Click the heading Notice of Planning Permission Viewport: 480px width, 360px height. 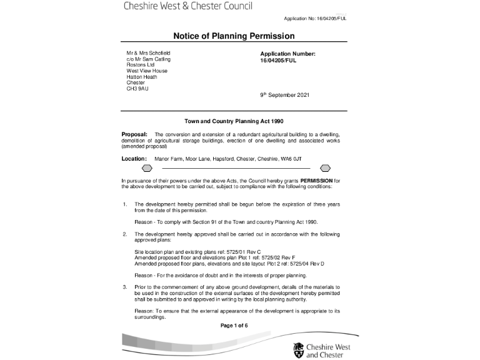tap(234, 36)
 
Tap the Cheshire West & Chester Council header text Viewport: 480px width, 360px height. tap(187, 7)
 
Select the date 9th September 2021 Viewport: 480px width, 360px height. tap(284, 95)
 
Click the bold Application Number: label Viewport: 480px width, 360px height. tap(287, 54)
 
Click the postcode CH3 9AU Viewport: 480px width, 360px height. tap(137, 89)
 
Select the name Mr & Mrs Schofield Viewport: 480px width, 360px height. tap(148, 53)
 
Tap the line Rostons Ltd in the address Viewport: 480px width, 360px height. tap(140, 65)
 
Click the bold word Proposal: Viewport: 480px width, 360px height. tap(134, 134)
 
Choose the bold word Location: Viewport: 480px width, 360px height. tap(134, 159)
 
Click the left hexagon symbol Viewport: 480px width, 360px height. tap(147, 169)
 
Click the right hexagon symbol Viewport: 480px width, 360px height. tap(325, 169)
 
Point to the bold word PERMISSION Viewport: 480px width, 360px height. tap(317, 181)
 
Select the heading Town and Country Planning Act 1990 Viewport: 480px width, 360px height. tap(234, 121)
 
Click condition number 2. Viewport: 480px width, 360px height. tap(125, 234)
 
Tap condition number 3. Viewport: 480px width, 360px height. tap(125, 286)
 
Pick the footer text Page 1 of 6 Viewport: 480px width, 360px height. tap(234, 326)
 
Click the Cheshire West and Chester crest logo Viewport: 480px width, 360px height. tap(298, 350)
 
